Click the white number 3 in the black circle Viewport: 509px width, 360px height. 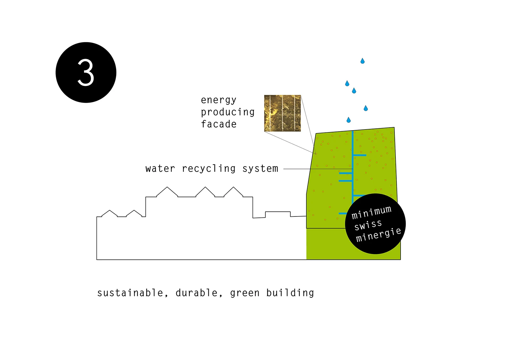click(x=86, y=73)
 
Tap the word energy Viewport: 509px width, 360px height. click(x=219, y=100)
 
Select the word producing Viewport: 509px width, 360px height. click(x=228, y=112)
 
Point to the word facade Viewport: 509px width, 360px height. click(x=219, y=124)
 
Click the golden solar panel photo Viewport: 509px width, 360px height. click(x=282, y=113)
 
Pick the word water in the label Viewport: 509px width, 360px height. click(x=160, y=168)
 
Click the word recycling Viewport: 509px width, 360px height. click(x=209, y=168)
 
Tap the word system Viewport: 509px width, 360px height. click(x=260, y=168)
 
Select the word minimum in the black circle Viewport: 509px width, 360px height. click(x=371, y=212)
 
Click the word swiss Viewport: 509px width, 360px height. click(x=368, y=225)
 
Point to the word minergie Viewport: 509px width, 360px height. click(x=379, y=235)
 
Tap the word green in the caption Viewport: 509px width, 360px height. click(x=245, y=293)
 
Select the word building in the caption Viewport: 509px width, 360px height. click(x=290, y=293)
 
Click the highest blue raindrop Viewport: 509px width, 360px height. click(x=362, y=61)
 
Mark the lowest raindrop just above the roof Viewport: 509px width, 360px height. click(x=349, y=120)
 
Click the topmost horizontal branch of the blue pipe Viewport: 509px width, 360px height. click(x=360, y=155)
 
